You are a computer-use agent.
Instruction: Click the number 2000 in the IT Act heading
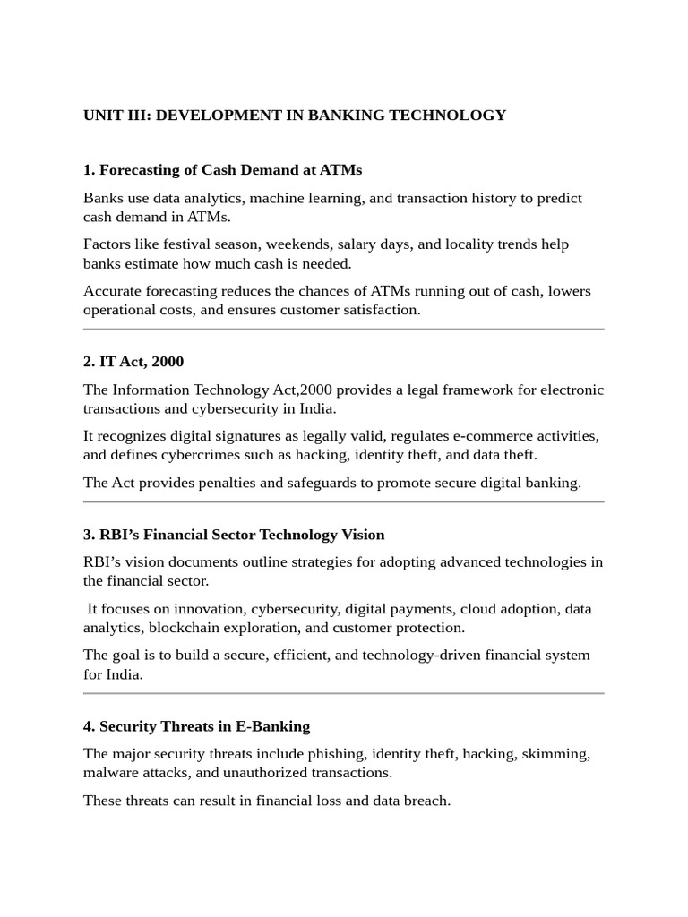(168, 362)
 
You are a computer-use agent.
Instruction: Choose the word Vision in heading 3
(358, 535)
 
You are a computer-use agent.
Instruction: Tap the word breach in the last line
(426, 801)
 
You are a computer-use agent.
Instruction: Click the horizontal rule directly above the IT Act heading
(344, 330)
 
